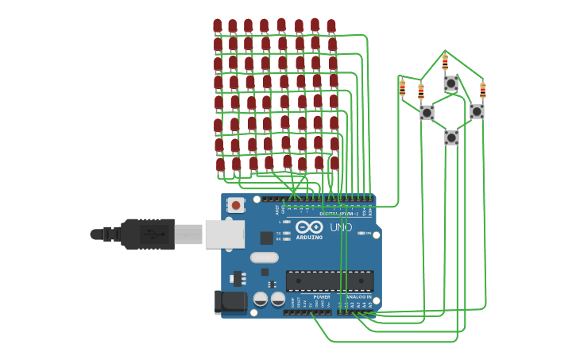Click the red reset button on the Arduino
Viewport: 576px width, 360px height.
click(x=236, y=204)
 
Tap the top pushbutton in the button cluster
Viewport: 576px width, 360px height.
click(x=450, y=83)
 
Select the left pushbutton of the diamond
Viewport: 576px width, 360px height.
click(x=427, y=112)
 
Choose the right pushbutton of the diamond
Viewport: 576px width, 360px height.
click(x=477, y=111)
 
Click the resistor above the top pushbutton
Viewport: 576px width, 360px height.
click(x=445, y=61)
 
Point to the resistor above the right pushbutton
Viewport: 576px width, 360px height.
click(x=482, y=90)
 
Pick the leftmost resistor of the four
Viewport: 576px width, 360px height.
click(x=402, y=87)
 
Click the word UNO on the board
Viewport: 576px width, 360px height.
click(x=341, y=228)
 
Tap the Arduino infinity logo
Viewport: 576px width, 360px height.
click(x=309, y=226)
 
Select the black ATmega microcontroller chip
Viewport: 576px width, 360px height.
click(x=330, y=281)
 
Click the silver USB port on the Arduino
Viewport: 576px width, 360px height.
click(x=225, y=234)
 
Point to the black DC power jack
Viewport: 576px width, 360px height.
click(x=231, y=301)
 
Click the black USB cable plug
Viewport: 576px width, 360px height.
click(x=147, y=234)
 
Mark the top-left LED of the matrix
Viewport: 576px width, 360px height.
click(x=217, y=26)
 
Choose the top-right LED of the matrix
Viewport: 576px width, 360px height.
click(x=331, y=26)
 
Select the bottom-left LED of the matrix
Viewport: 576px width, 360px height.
click(x=220, y=165)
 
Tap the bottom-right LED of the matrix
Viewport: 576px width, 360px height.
click(x=334, y=163)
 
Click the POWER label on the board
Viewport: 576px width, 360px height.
click(x=322, y=297)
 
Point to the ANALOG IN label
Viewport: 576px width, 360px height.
click(x=358, y=297)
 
